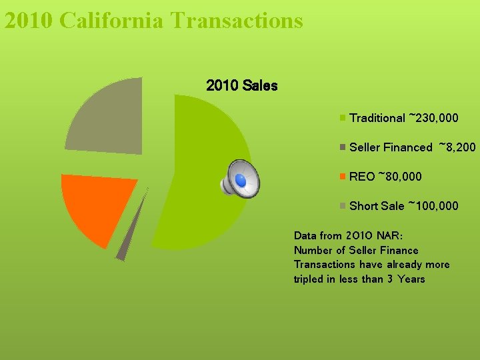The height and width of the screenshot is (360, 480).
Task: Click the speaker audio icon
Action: [240, 179]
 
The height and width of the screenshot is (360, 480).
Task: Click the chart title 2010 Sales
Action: [242, 86]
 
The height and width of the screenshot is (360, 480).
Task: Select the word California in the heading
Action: [111, 20]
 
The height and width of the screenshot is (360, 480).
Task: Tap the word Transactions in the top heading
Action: [237, 20]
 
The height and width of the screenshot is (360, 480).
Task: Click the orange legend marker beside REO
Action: [343, 177]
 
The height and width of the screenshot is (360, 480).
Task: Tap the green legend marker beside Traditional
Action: [343, 118]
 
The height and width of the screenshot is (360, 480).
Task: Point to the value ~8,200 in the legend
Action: [457, 147]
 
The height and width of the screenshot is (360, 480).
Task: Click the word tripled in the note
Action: [308, 279]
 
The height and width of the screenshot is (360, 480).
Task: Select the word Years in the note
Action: [411, 279]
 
